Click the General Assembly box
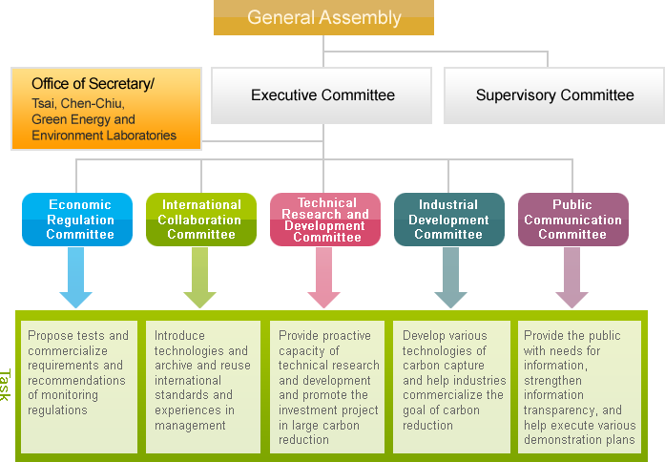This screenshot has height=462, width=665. tap(323, 18)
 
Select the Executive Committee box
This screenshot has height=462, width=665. tap(322, 95)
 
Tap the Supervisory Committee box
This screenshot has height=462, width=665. tap(554, 95)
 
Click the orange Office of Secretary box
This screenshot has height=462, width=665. tap(107, 108)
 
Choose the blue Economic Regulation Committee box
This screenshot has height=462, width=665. tap(79, 220)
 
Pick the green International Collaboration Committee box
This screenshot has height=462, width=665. tap(201, 220)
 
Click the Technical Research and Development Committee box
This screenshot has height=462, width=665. tap(325, 220)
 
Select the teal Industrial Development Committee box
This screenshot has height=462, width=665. tap(448, 220)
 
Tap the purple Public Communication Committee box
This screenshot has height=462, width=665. tap(572, 220)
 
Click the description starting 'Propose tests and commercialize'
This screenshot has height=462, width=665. tap(79, 387)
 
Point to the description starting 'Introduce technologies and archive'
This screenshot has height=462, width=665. tap(202, 387)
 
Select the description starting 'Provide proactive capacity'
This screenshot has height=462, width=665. tap(326, 387)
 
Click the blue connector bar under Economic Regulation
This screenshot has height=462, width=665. tap(76, 277)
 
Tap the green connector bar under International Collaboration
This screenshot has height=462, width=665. tap(200, 277)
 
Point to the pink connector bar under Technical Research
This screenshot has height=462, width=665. tap(324, 277)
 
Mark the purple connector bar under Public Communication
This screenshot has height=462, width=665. tap(572, 277)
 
